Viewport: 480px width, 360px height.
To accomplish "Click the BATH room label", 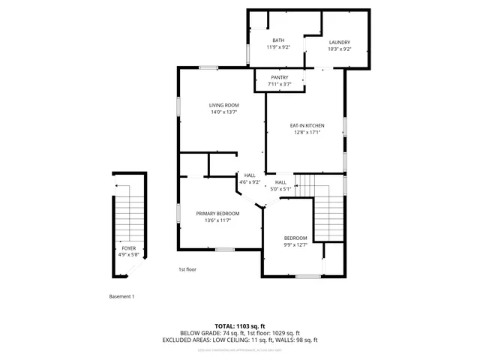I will pyautogui.click(x=278, y=40).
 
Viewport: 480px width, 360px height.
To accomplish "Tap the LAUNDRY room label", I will pyautogui.click(x=340, y=42).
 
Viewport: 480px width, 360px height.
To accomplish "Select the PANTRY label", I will pyautogui.click(x=279, y=77).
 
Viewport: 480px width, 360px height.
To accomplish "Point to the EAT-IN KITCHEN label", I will pyautogui.click(x=307, y=125).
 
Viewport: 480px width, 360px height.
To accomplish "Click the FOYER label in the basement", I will pyautogui.click(x=129, y=247).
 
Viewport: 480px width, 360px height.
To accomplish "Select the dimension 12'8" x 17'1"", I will pyautogui.click(x=307, y=133).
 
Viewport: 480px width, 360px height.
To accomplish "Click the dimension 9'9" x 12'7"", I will pyautogui.click(x=295, y=245).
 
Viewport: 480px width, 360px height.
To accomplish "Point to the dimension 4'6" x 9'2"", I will pyautogui.click(x=250, y=182).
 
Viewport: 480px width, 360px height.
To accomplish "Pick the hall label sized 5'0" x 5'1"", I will pyautogui.click(x=280, y=182).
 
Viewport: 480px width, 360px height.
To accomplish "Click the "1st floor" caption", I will pyautogui.click(x=187, y=269).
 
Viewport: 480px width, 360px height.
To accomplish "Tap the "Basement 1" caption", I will pyautogui.click(x=121, y=296).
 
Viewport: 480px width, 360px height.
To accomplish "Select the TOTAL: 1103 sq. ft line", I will pyautogui.click(x=240, y=325).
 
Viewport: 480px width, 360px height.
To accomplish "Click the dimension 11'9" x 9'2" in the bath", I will pyautogui.click(x=278, y=48).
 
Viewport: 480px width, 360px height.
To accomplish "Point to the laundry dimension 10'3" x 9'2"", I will pyautogui.click(x=340, y=49).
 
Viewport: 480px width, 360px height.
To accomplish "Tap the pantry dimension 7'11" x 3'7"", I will pyautogui.click(x=279, y=84).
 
